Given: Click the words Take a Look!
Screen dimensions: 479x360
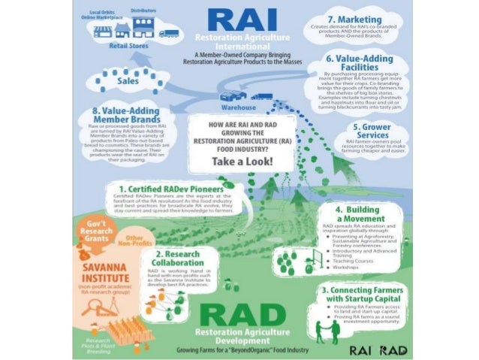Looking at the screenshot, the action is pos(243,162).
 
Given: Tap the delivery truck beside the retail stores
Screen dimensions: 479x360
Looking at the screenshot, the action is pos(169,33).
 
